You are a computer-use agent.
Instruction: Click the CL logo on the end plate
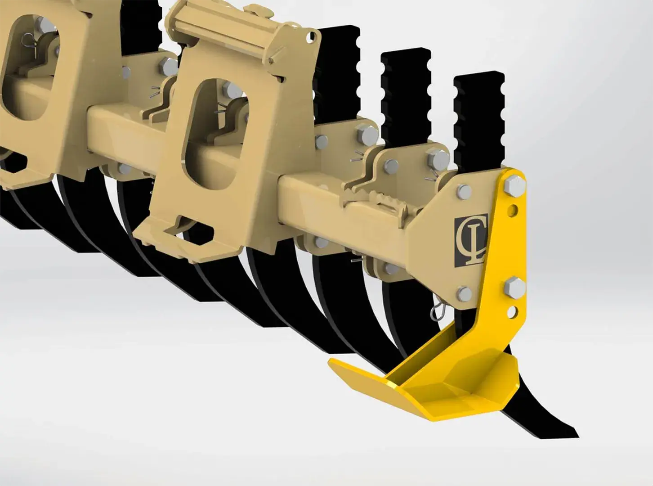pos(471,240)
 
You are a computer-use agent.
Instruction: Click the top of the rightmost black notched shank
pos(479,76)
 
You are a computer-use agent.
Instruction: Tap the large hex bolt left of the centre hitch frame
pos(169,67)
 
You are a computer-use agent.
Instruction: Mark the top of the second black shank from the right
pos(406,53)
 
